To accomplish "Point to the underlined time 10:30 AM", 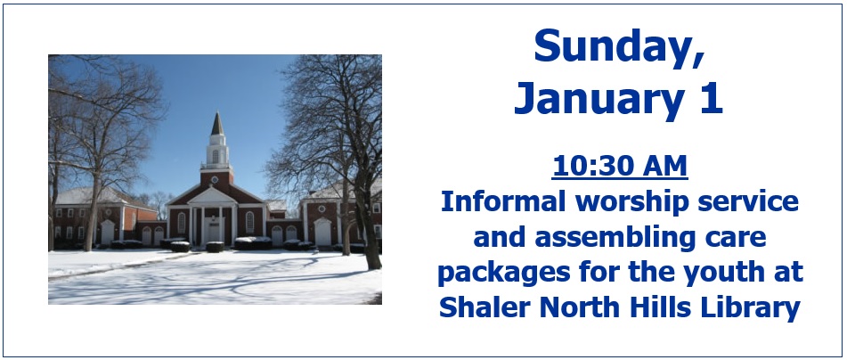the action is pyautogui.click(x=620, y=166).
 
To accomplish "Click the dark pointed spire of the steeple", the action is pyautogui.click(x=217, y=124).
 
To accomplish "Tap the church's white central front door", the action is pyautogui.click(x=215, y=232).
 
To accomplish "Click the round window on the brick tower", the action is pyautogui.click(x=215, y=180).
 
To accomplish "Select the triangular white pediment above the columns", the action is pyautogui.click(x=212, y=196).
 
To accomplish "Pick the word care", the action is pyautogui.click(x=739, y=239).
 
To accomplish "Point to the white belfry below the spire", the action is pyautogui.click(x=217, y=151).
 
